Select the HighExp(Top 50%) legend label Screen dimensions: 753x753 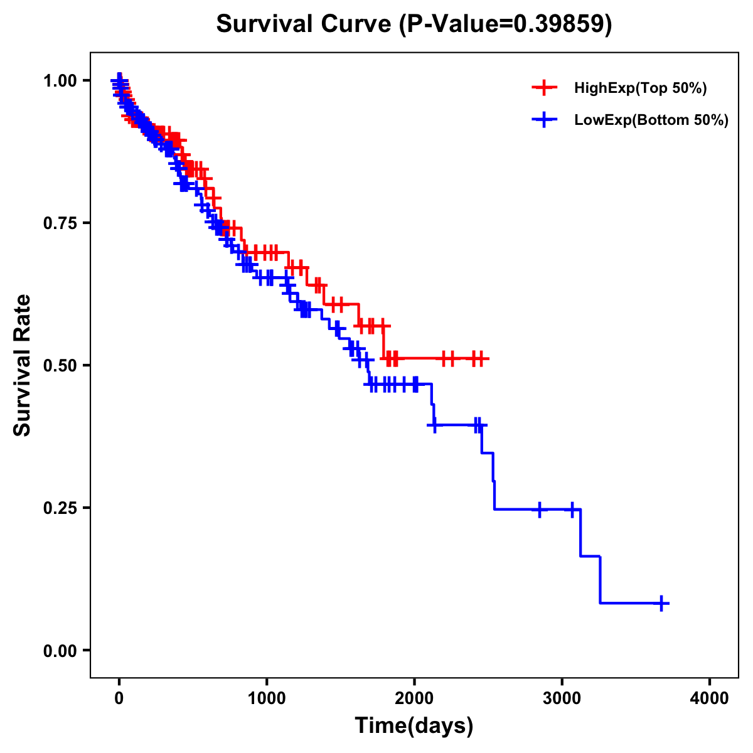[x=641, y=88]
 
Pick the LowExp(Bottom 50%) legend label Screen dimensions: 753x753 [x=651, y=120]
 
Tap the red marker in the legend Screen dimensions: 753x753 [x=544, y=88]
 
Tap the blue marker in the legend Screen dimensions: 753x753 [x=544, y=119]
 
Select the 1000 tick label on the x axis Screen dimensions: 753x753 [x=267, y=698]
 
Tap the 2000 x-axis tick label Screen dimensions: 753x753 [x=414, y=698]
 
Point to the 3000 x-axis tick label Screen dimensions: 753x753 [x=562, y=698]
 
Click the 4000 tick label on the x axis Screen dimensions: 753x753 [x=710, y=698]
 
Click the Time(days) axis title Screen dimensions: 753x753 [x=414, y=726]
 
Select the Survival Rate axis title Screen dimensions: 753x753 [x=23, y=365]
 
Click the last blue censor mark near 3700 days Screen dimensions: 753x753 [x=661, y=603]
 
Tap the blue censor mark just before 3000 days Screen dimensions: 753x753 [x=539, y=510]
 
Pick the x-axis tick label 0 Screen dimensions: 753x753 [x=119, y=698]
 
